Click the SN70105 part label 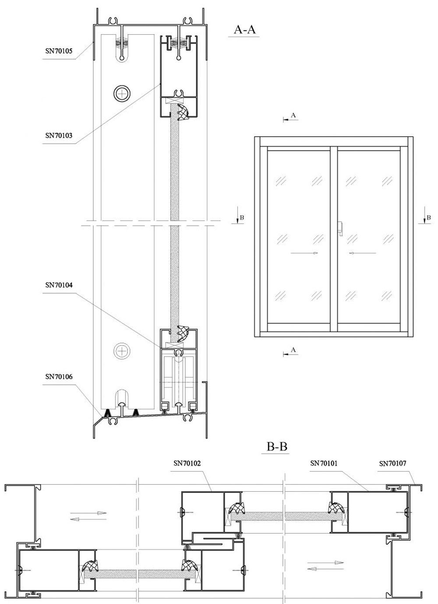pos(59,51)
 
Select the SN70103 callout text pos(59,135)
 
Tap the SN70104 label pos(59,285)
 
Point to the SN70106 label pos(59,377)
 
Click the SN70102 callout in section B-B pos(187,463)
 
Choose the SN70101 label pos(324,463)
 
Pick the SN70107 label pos(393,463)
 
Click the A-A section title pos(244,29)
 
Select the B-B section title pos(277,447)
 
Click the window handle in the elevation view pos(340,229)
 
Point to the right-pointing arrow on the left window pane pos(304,253)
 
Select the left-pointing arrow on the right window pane pos(362,253)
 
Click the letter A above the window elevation pos(293,115)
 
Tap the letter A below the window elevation pos(293,350)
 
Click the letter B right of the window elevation pos(429,217)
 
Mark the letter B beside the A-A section pos(242,217)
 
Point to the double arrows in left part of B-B pos(88,516)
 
